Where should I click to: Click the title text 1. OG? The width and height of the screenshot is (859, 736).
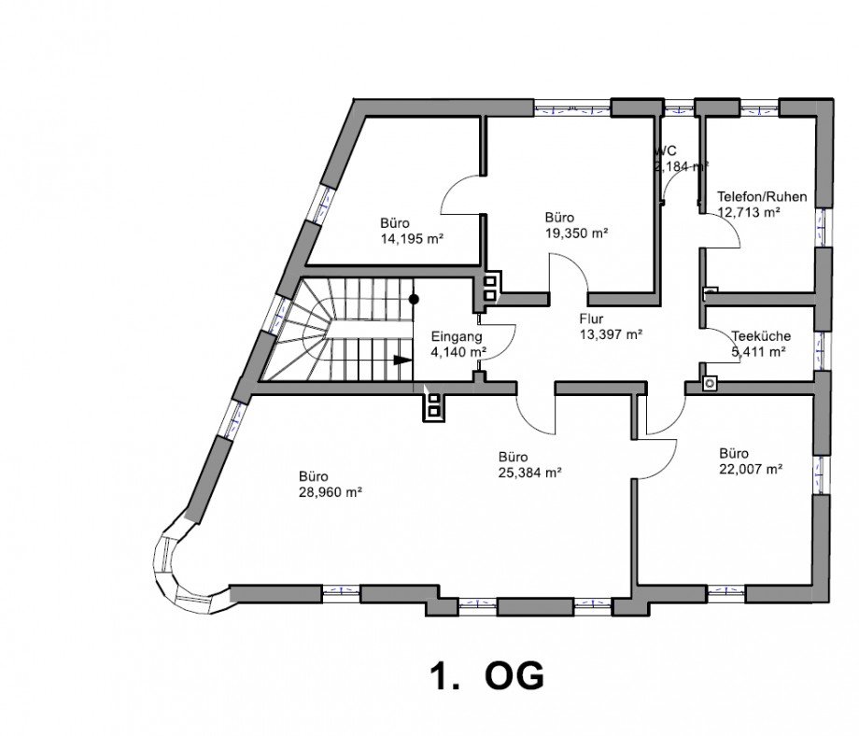(x=486, y=676)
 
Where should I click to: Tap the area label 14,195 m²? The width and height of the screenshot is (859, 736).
(x=411, y=239)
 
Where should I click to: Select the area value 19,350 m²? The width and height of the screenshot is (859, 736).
(x=576, y=233)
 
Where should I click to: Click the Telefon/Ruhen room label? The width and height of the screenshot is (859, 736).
(x=761, y=197)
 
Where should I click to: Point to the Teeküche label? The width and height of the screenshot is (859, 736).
(x=762, y=336)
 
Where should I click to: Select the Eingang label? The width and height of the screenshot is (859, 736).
(x=457, y=336)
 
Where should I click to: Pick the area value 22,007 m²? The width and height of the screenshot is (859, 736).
(x=750, y=470)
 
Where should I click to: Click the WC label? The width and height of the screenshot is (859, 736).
(x=666, y=151)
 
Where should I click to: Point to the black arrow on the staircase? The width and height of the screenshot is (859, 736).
(x=401, y=360)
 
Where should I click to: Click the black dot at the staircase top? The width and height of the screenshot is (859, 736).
(x=414, y=300)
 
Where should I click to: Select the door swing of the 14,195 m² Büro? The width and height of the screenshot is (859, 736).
(x=463, y=196)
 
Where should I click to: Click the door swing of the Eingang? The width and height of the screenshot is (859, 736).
(x=501, y=342)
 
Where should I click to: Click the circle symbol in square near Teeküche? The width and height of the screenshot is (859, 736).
(x=710, y=382)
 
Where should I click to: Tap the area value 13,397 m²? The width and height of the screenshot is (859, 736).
(x=611, y=333)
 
